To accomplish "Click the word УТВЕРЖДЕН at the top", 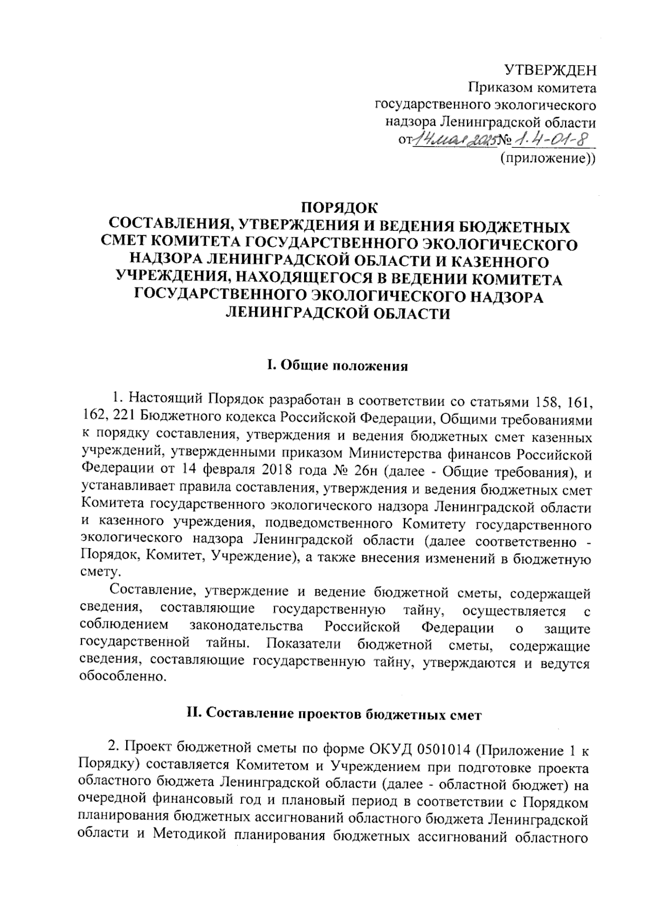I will [x=550, y=70].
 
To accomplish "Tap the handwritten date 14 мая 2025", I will [x=456, y=141].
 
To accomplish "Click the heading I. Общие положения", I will [x=338, y=366].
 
